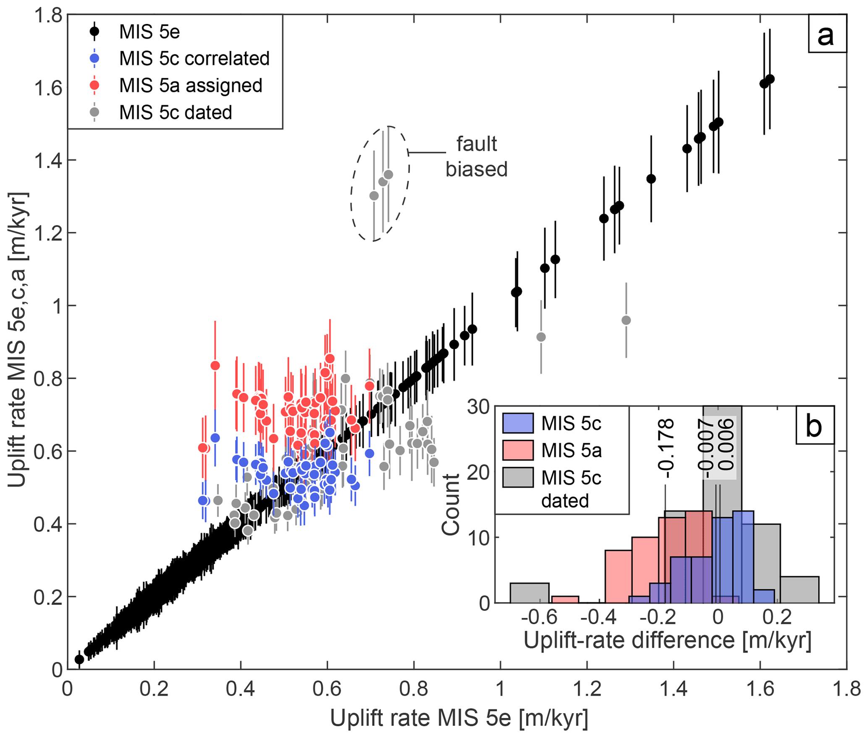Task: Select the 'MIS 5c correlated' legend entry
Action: pyautogui.click(x=194, y=58)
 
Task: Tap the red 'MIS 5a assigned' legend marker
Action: pyautogui.click(x=95, y=85)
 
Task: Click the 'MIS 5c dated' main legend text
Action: pyautogui.click(x=176, y=113)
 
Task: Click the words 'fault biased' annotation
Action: pyautogui.click(x=476, y=157)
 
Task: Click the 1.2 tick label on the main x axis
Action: pyautogui.click(x=587, y=689)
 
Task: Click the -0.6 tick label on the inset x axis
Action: pyautogui.click(x=539, y=617)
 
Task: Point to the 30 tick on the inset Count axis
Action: pyautogui.click(x=478, y=407)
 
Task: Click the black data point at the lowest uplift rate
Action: pyautogui.click(x=79, y=659)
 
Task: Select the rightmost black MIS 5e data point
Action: pyautogui.click(x=770, y=79)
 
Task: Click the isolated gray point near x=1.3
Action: pyautogui.click(x=626, y=320)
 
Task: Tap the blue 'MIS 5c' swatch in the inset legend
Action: pyautogui.click(x=518, y=423)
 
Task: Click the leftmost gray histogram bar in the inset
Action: pyautogui.click(x=529, y=593)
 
